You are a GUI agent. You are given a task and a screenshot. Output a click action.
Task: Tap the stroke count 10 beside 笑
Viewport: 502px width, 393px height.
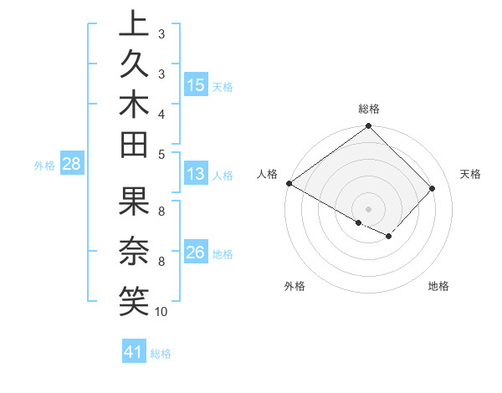161,312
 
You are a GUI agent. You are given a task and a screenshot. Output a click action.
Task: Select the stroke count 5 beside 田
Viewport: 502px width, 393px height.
161,154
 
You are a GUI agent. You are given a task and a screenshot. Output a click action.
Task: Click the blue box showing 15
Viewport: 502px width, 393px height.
196,84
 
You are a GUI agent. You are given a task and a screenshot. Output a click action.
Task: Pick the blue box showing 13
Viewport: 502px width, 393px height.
196,174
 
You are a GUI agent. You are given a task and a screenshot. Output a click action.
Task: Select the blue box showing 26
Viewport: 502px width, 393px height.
196,253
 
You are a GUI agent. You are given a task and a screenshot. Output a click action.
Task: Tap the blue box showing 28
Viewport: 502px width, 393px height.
71,164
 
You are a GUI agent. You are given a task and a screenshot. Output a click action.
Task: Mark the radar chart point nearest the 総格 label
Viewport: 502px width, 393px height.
368,126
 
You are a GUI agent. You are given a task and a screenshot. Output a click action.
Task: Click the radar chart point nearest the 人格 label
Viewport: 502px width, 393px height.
289,183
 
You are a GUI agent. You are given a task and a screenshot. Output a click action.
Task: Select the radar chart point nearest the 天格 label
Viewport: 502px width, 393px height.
433,188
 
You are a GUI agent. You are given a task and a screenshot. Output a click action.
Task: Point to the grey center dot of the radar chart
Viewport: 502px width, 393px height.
368,209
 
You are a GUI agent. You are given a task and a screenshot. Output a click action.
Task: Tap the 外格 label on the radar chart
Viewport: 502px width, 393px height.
295,287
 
